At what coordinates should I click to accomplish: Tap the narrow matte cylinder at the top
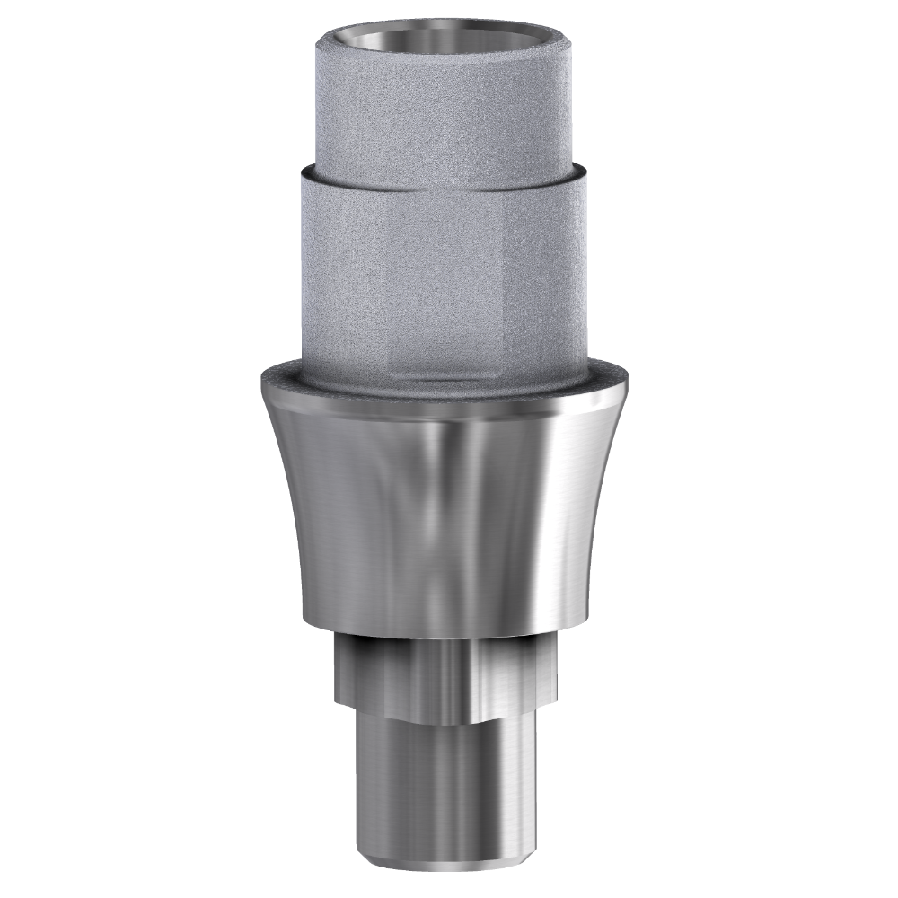(x=445, y=108)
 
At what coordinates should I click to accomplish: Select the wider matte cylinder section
(x=445, y=269)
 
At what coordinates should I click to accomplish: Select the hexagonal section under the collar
(x=445, y=669)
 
